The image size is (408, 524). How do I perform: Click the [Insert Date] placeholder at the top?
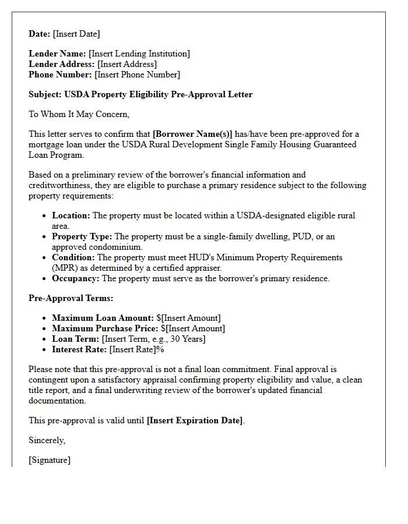pos(76,34)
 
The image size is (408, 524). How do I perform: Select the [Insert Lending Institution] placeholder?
pos(139,54)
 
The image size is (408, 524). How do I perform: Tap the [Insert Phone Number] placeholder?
pos(137,75)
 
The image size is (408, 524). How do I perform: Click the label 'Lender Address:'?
pos(62,64)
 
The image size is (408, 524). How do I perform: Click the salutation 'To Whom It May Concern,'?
pos(79,114)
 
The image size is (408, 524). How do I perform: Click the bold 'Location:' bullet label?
pos(71,215)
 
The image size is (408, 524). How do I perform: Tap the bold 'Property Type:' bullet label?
pos(82,236)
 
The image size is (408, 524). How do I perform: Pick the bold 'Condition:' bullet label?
pos(73,257)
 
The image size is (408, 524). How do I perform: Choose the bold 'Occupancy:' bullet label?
pos(76,278)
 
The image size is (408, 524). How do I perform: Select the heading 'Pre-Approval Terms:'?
pos(71,298)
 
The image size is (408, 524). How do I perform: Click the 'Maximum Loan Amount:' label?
pos(103,318)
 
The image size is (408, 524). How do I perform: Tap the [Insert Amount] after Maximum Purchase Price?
pos(196,328)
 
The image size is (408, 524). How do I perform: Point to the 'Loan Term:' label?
pos(76,339)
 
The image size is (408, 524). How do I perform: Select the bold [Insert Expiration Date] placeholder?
pos(195,420)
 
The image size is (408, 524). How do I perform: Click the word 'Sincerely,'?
pos(47,440)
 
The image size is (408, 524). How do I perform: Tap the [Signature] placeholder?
pos(50,460)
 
